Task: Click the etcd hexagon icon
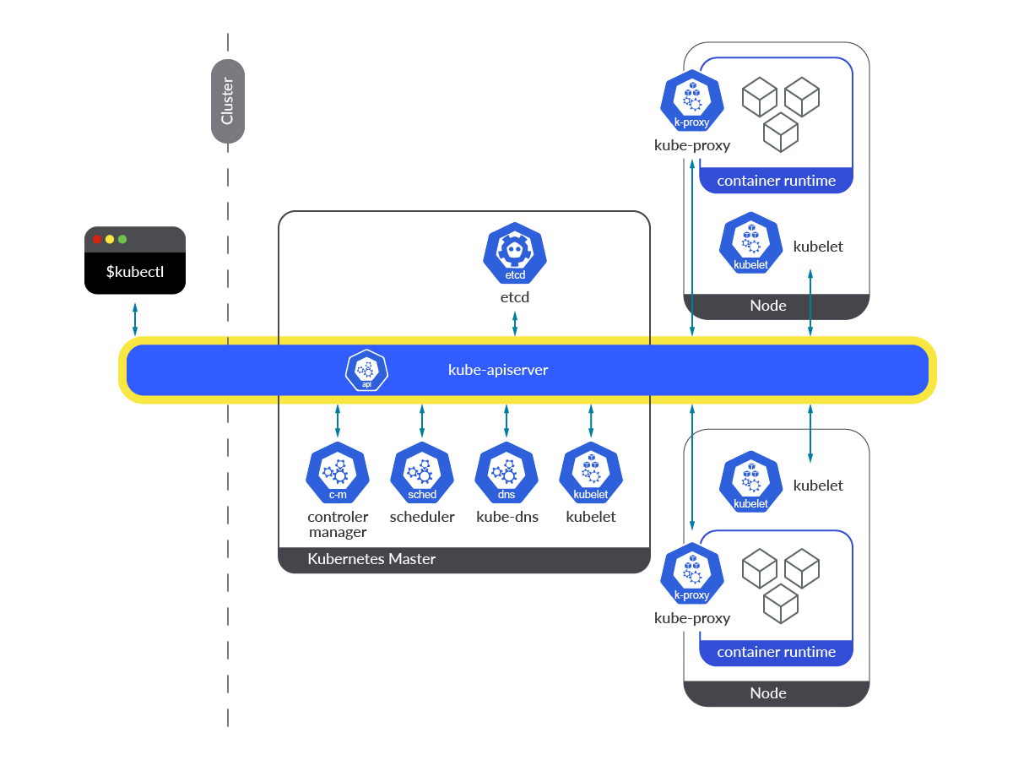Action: point(515,254)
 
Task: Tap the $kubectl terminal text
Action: point(135,273)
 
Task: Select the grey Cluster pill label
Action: point(227,101)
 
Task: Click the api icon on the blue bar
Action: point(366,371)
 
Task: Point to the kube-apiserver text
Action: point(498,370)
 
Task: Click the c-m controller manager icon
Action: point(338,473)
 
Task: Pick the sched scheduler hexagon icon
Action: point(422,473)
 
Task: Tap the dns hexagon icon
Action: point(506,473)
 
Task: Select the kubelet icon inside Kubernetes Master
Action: point(591,473)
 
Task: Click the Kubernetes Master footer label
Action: point(371,559)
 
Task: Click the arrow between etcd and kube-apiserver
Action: point(515,323)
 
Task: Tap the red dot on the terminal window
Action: point(97,239)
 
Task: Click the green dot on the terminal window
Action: point(122,239)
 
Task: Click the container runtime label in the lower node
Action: point(776,652)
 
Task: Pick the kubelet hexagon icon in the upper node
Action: point(750,243)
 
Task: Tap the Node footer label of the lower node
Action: point(768,693)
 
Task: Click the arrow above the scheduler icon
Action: point(422,420)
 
